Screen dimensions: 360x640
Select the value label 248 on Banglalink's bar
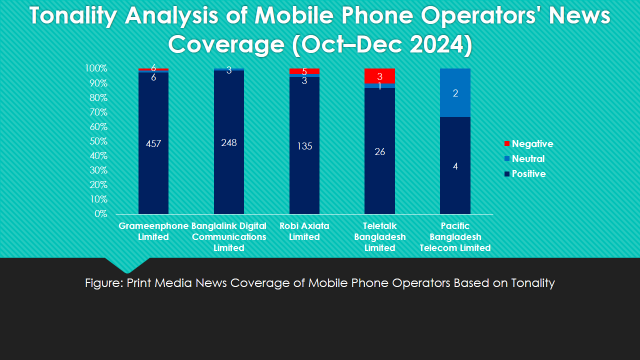229,143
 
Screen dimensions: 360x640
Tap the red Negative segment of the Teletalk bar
379,76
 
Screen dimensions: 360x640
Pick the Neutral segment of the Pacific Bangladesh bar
455,93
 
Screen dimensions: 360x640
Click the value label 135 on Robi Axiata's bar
304,146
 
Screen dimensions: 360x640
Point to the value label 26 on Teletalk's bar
379,152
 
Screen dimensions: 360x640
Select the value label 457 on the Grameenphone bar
153,143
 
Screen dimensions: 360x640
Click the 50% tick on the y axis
97,141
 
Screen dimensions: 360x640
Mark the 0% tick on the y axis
100,214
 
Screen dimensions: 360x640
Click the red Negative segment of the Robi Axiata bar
304,71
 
